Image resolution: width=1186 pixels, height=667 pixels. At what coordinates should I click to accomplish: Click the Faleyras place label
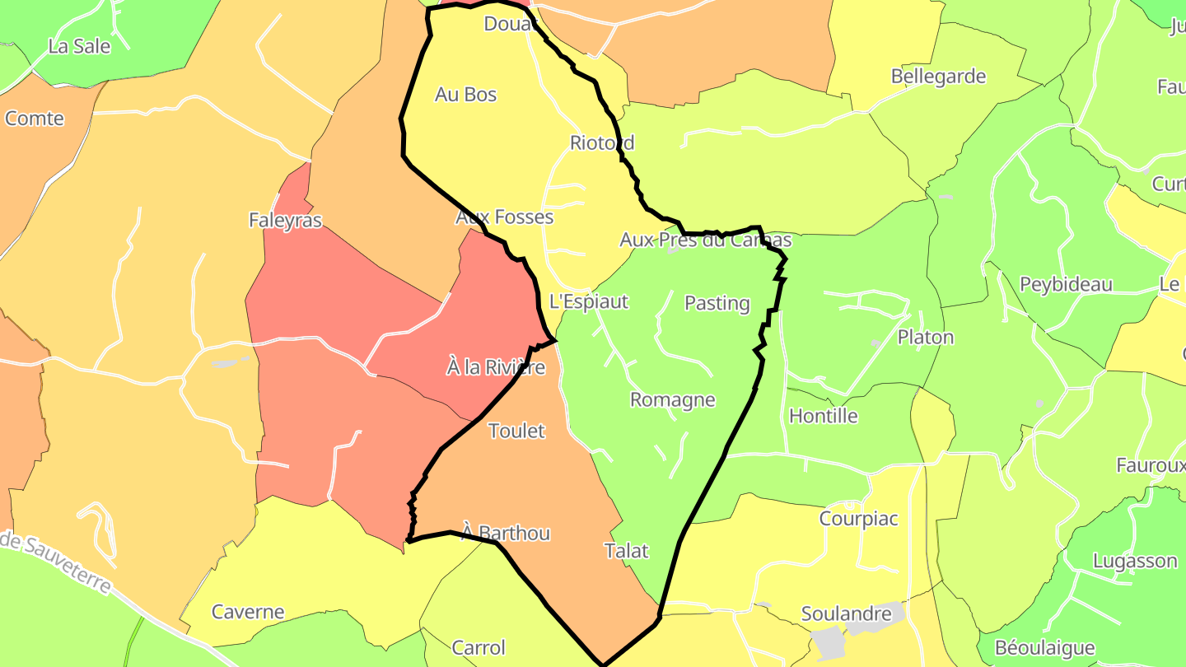(285, 220)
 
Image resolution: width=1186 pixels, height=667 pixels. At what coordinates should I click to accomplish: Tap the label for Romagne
(672, 399)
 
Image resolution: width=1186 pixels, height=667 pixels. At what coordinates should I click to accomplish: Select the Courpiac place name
(858, 519)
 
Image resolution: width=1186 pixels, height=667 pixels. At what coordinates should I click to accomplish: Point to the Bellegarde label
(938, 77)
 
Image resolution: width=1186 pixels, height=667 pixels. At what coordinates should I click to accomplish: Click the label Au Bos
(465, 95)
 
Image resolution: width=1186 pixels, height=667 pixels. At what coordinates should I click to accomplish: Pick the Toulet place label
(516, 431)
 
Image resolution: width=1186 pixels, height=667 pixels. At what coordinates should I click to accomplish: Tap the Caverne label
(248, 612)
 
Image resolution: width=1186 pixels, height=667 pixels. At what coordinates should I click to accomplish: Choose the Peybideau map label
(1066, 285)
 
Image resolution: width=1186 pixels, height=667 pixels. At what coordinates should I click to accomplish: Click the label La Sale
(79, 46)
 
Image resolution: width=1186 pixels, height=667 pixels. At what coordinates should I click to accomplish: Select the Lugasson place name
(1135, 561)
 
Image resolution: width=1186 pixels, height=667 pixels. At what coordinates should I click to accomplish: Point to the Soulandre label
(846, 613)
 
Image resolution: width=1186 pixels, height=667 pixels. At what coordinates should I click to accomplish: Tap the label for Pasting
(717, 303)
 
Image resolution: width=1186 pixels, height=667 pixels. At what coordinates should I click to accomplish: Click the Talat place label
(627, 551)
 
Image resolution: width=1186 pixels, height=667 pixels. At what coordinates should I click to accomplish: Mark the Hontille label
(823, 416)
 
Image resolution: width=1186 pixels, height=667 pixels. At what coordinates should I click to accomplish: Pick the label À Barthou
(506, 533)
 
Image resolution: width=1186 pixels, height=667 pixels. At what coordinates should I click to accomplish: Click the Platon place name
(925, 337)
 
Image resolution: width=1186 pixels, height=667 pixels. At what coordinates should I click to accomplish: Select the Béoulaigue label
(1044, 648)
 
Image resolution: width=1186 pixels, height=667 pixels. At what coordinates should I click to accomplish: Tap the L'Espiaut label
(588, 301)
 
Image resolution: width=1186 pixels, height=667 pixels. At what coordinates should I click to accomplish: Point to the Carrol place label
(479, 648)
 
